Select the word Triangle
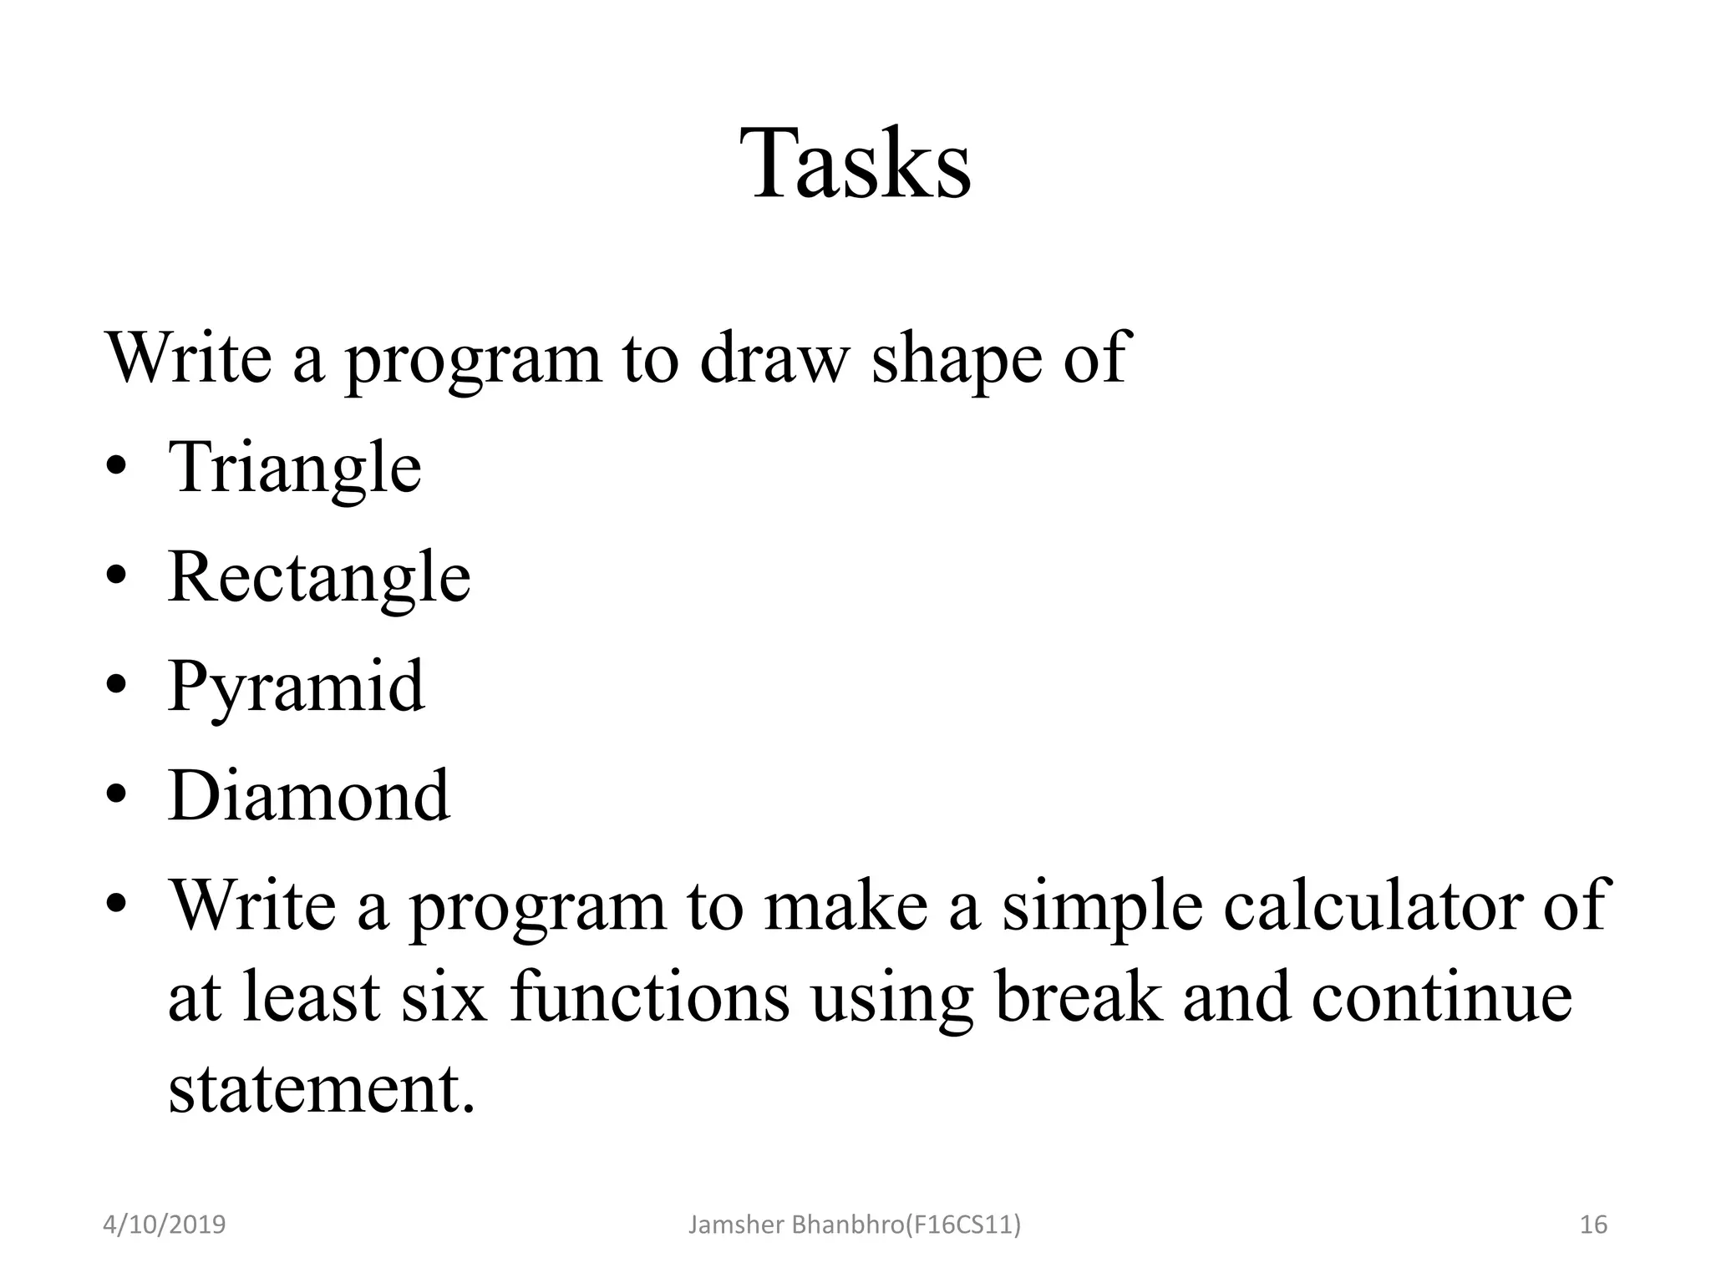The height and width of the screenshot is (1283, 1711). coord(295,468)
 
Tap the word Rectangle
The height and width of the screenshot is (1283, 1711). coord(319,577)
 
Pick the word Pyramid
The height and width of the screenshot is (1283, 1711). coord(297,687)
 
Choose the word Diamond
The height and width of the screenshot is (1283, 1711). coord(309,796)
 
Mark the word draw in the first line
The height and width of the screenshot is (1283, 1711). coord(773,358)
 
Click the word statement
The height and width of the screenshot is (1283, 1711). coord(322,1089)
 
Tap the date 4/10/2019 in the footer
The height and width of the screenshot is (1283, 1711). coord(165,1225)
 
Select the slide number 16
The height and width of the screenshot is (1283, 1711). coord(1593,1225)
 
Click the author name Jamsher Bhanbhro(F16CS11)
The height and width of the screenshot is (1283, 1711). coord(854,1225)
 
